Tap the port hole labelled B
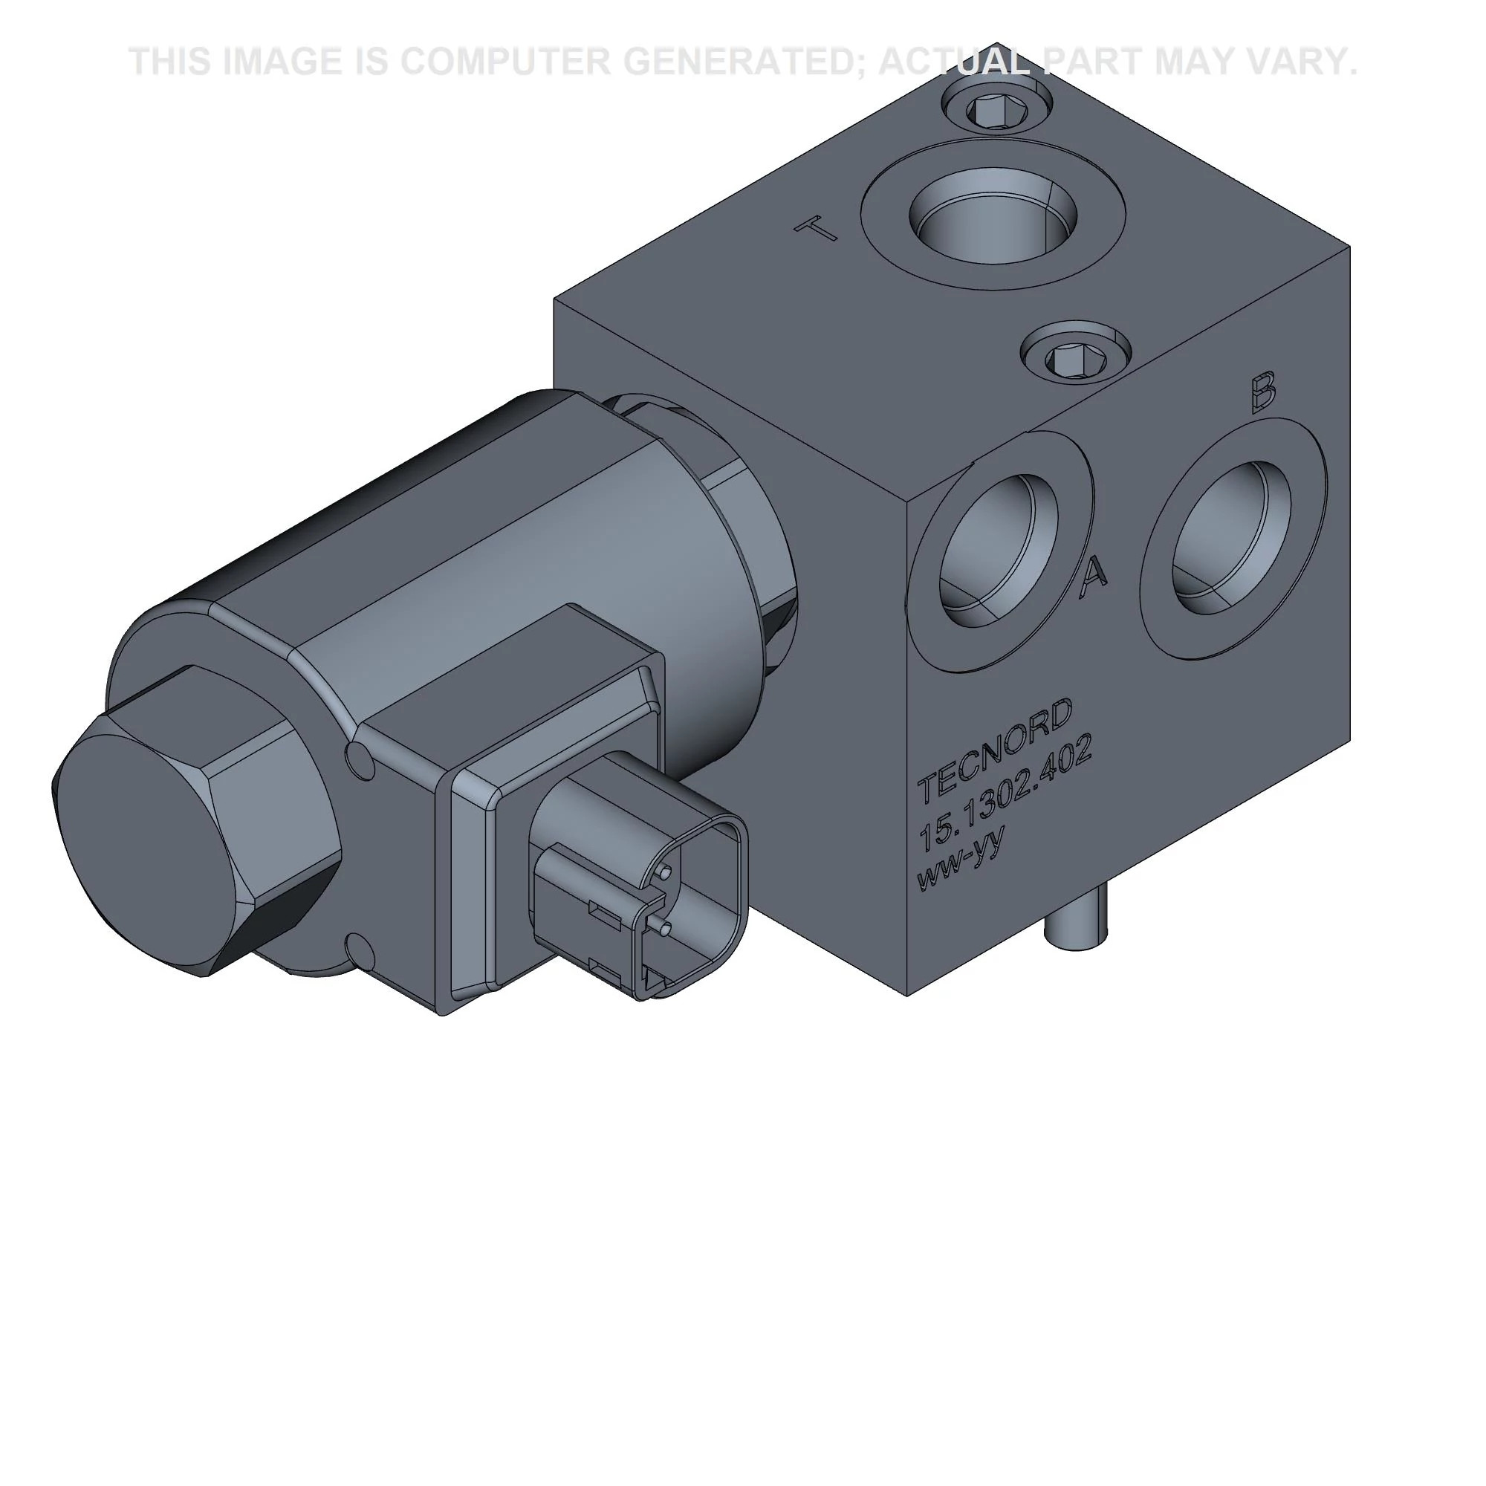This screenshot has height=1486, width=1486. (1231, 538)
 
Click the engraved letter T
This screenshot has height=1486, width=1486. (816, 228)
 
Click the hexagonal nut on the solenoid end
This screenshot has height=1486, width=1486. (196, 823)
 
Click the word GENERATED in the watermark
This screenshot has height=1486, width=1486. (745, 62)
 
